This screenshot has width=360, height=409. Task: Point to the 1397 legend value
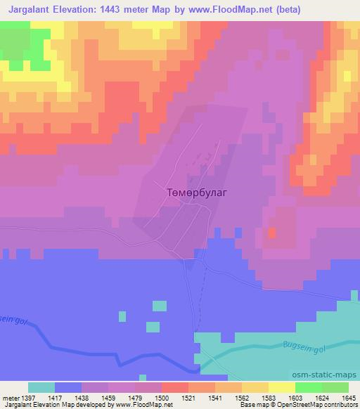[x=28, y=397]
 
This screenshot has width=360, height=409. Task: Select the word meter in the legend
[x=9, y=397]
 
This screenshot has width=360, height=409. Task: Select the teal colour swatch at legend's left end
[x=41, y=387]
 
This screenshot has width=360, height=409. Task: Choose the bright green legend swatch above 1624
[x=308, y=387]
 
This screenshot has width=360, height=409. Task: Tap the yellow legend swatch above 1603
[x=281, y=387]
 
